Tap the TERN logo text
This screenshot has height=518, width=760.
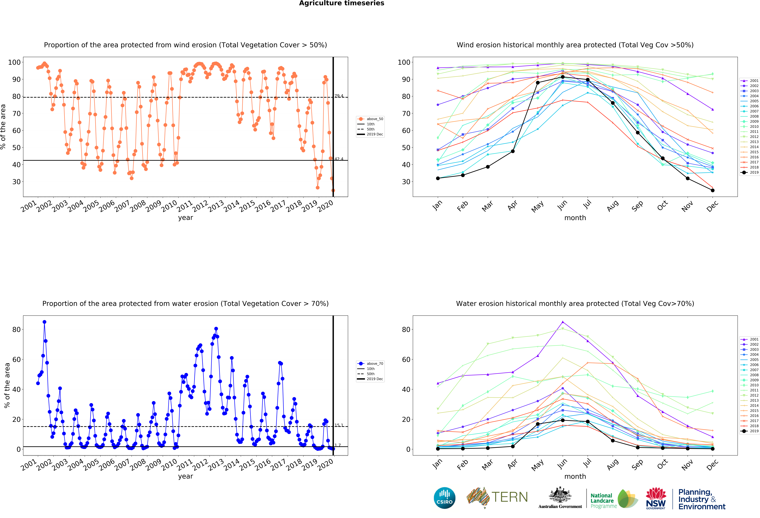[510, 497]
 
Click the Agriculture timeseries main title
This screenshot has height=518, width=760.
[342, 3]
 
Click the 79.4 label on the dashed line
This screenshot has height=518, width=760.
[339, 96]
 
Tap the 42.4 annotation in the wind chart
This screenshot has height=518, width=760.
[339, 159]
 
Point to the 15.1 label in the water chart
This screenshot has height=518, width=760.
[339, 425]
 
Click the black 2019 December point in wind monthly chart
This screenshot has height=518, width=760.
[713, 190]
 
